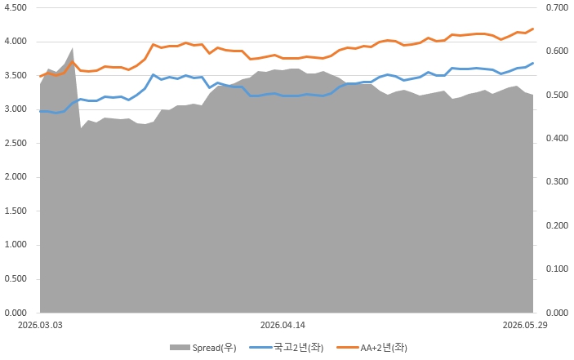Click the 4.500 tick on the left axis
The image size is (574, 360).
(x=16, y=7)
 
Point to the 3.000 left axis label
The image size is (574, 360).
(x=16, y=109)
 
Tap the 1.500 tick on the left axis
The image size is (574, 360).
(x=16, y=211)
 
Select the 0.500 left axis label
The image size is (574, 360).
(x=16, y=279)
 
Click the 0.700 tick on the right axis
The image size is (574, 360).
(x=557, y=7)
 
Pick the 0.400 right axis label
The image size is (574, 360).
(x=557, y=138)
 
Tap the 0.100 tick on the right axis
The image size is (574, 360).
(x=557, y=269)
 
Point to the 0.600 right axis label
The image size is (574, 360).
(x=557, y=51)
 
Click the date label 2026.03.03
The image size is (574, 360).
(x=40, y=325)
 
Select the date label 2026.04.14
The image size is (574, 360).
(x=283, y=325)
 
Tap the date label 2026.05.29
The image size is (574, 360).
(x=525, y=325)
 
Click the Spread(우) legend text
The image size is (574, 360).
(x=215, y=348)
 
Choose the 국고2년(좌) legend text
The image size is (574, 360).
(x=299, y=348)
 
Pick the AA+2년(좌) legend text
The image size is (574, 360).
(x=384, y=348)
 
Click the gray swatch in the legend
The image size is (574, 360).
(x=180, y=348)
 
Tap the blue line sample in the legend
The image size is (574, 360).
(x=260, y=347)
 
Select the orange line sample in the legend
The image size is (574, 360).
(x=347, y=347)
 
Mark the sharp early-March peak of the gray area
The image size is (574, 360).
(x=73, y=48)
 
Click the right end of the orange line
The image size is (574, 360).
(x=532, y=29)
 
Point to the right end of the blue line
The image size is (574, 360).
(x=532, y=63)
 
